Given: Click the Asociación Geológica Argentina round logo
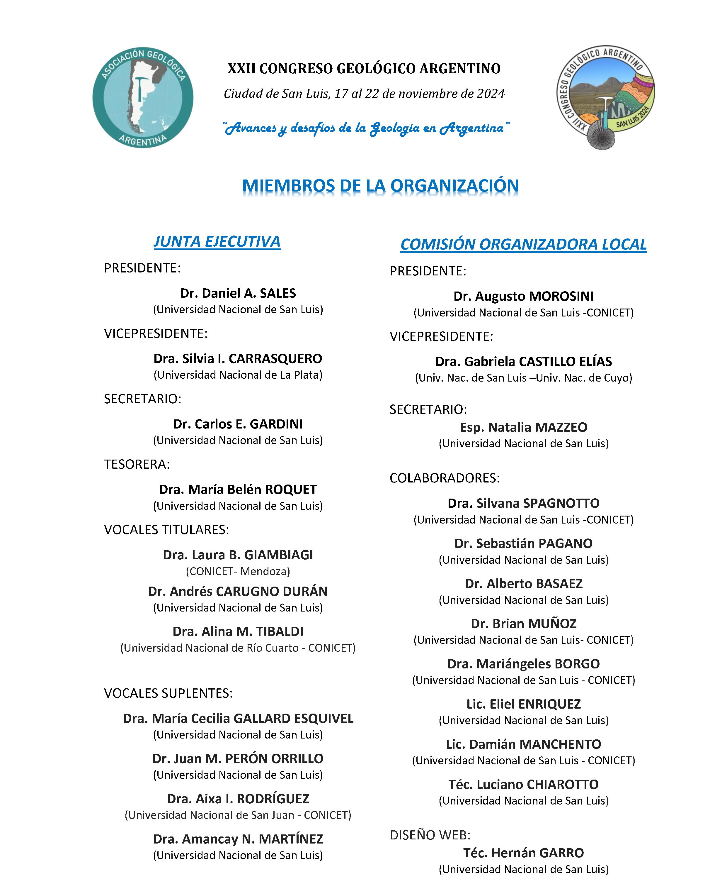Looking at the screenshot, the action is [143, 98].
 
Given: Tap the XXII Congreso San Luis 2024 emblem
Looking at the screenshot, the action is [606, 97].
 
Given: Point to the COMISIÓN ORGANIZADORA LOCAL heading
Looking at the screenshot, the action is [523, 244].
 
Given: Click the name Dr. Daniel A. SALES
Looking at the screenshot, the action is [238, 293].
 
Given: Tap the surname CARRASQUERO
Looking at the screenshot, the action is [275, 359].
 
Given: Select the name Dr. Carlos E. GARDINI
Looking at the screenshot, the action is [238, 424].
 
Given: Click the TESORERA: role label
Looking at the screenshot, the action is [137, 464].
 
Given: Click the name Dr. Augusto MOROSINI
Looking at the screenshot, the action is [523, 296].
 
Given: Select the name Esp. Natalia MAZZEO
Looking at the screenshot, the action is [523, 427].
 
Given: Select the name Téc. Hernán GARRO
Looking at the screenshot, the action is [523, 853].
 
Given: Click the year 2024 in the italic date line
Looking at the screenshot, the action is [491, 94].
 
